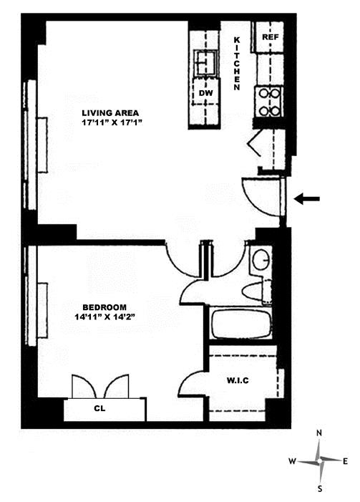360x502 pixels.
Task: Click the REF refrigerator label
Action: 271,37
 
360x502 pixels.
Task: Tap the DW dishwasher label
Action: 205,93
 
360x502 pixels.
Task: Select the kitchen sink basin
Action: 207,63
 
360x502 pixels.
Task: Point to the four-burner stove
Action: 269,102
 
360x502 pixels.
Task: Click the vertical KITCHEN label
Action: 237,64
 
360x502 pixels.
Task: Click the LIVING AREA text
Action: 110,113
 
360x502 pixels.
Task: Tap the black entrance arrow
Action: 307,199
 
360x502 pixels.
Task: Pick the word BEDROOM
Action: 104,307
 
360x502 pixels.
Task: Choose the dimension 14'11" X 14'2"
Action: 104,317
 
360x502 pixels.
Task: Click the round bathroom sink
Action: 261,259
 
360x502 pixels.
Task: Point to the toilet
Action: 257,292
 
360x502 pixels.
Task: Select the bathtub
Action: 242,323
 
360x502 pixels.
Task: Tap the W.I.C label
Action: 238,381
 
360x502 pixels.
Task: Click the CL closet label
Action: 99,409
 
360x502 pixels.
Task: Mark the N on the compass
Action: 319,433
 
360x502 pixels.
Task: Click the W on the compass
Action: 292,461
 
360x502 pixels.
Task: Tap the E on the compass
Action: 345,461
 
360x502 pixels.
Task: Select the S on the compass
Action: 320,489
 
